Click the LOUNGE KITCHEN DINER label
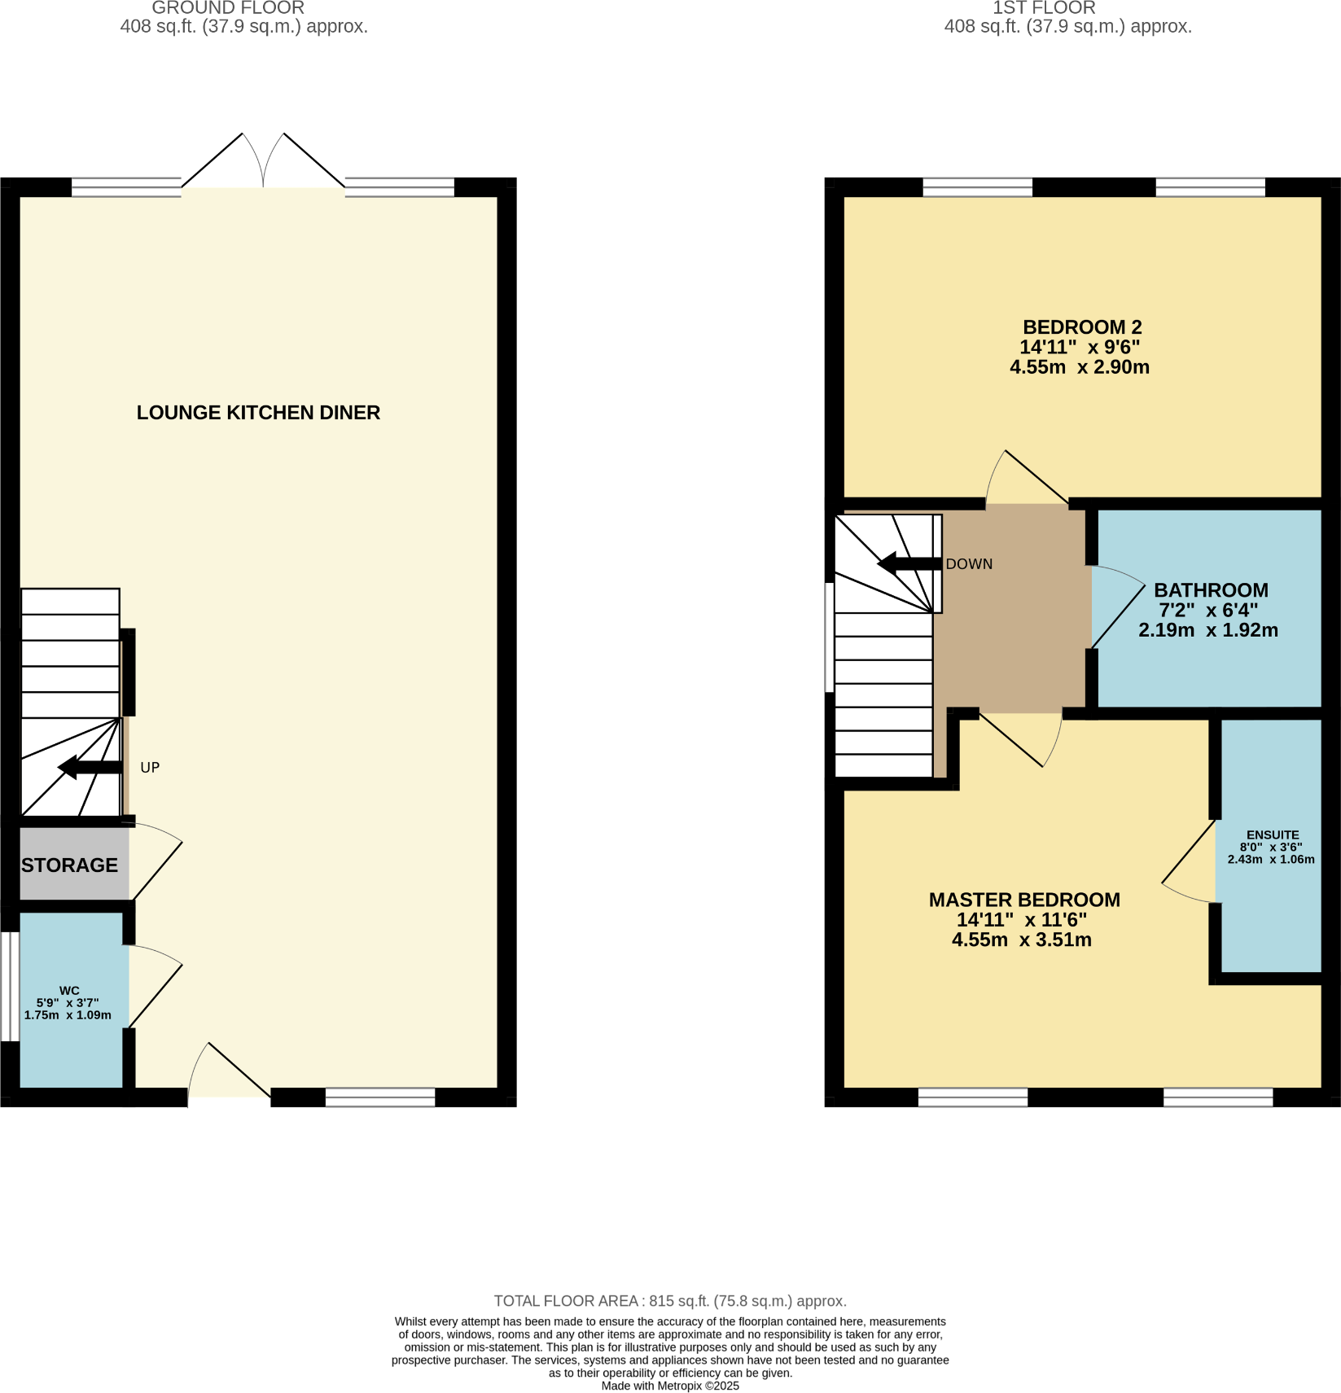(x=258, y=413)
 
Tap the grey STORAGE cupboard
(x=70, y=865)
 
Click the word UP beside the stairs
(x=150, y=768)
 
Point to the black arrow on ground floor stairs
(x=90, y=767)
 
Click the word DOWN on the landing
(x=969, y=564)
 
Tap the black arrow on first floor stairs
(x=909, y=563)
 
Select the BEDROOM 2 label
(x=1082, y=327)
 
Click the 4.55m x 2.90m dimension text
(x=1080, y=367)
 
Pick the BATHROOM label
(x=1211, y=590)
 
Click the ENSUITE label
(x=1273, y=834)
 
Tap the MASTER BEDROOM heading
(x=1024, y=900)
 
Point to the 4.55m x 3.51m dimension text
(x=1022, y=940)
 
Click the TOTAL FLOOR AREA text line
(x=670, y=1301)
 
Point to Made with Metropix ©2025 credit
(x=670, y=1386)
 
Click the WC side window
(x=10, y=986)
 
